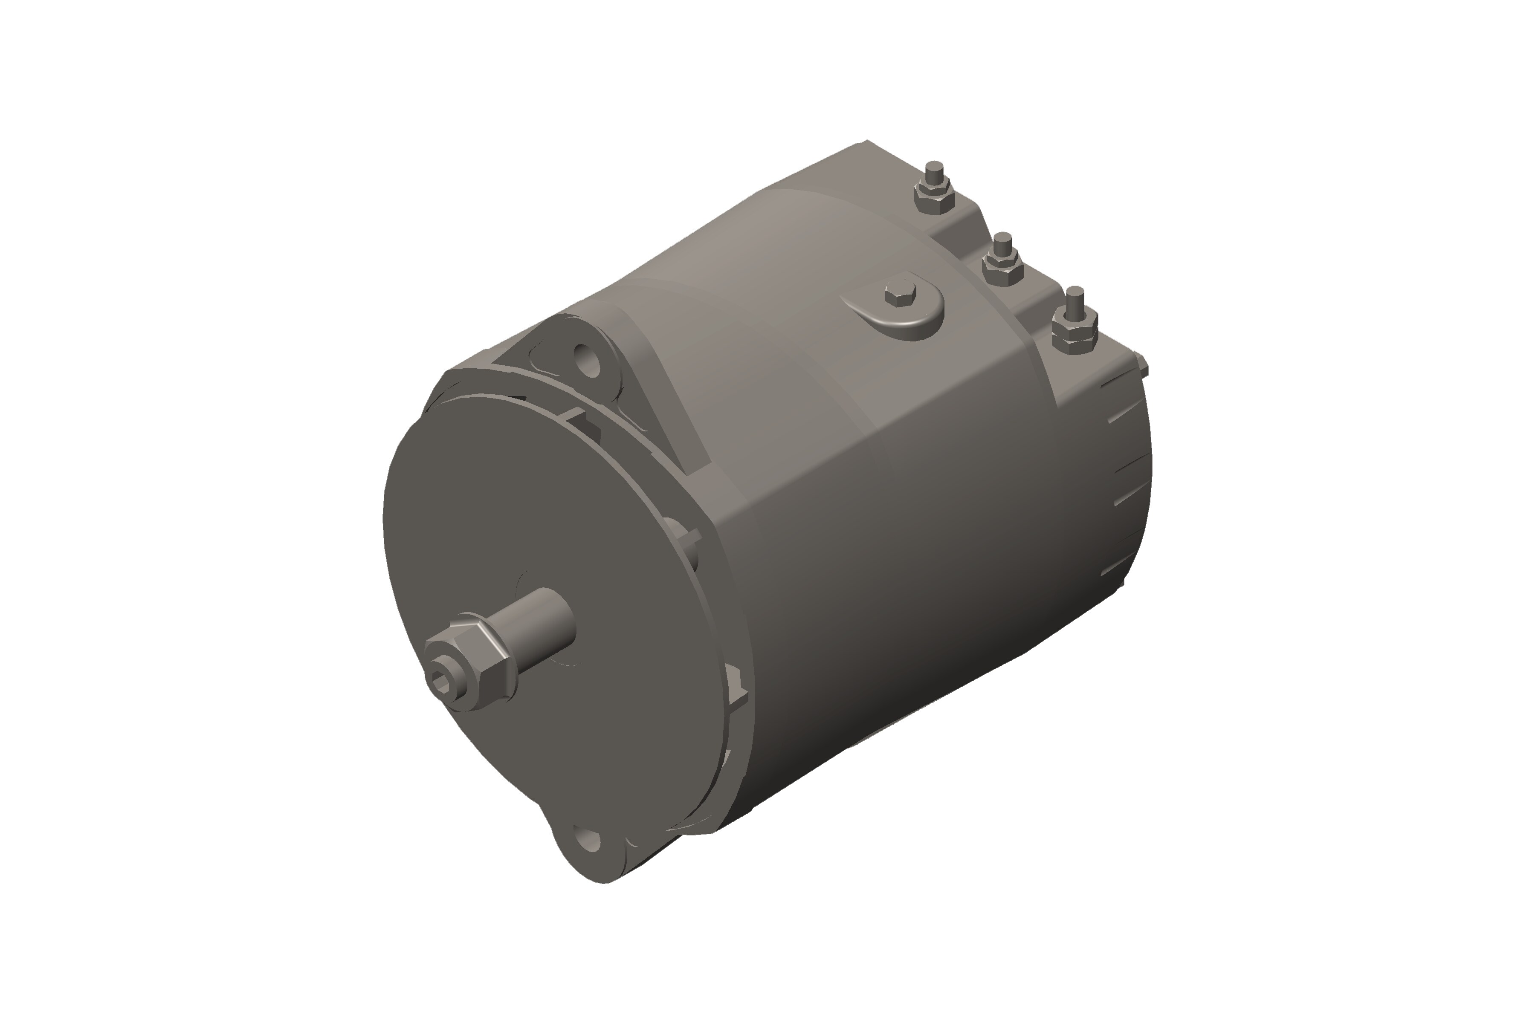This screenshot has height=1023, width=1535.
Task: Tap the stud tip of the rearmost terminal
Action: [x=935, y=171]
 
